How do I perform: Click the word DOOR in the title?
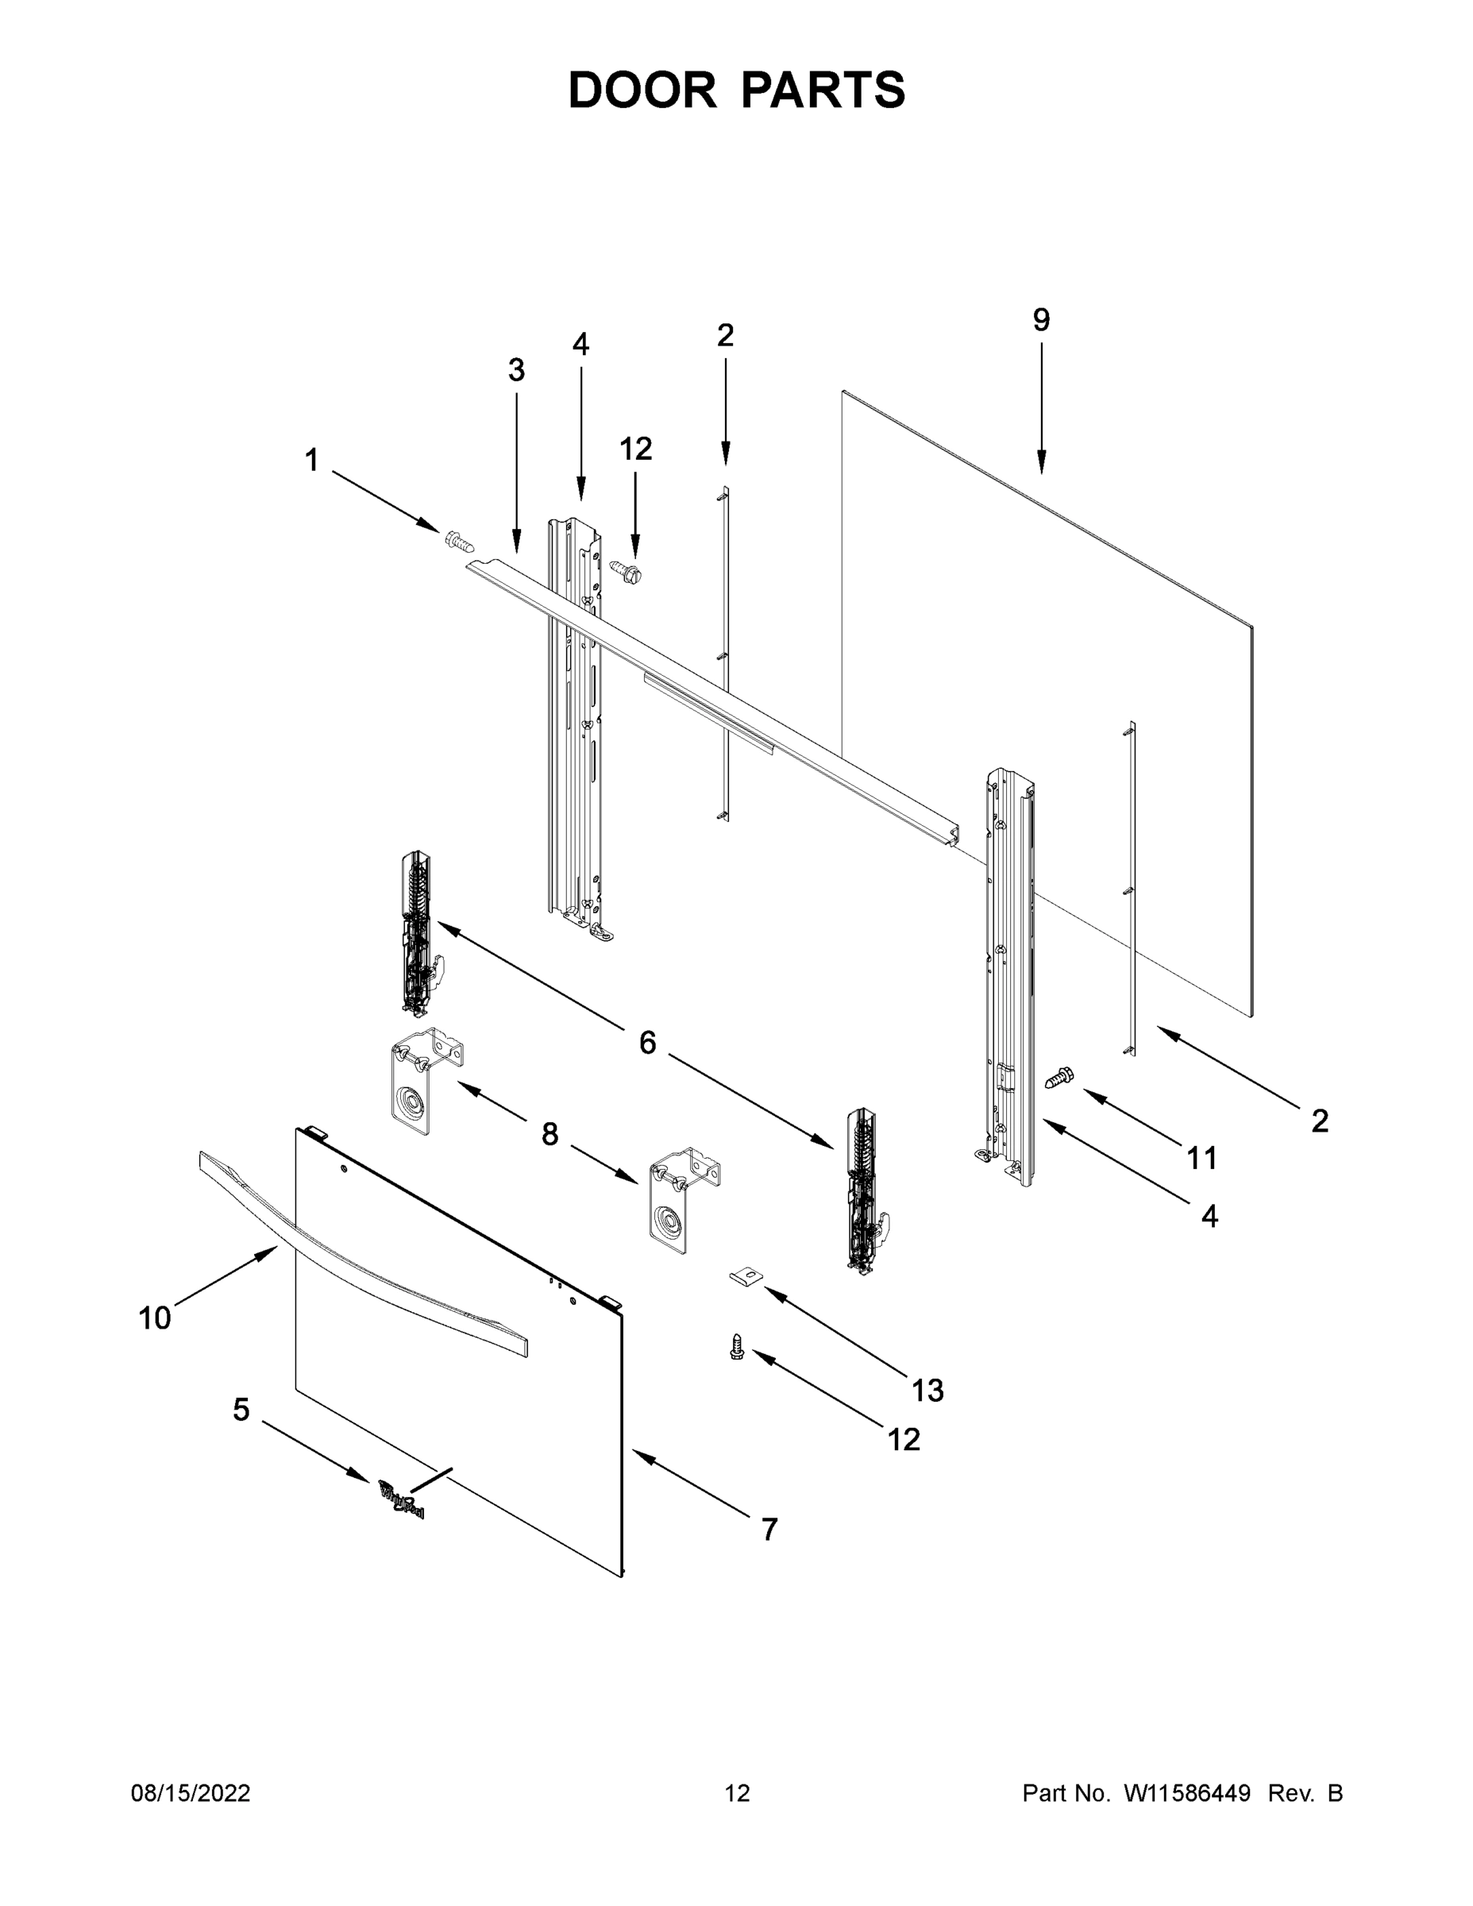coord(642,90)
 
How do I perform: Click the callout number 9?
coord(1041,321)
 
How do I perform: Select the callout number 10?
coord(155,1318)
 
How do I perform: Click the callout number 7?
coord(769,1529)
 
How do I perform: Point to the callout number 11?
coord(1201,1159)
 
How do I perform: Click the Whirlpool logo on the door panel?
coord(402,1500)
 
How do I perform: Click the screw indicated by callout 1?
coord(460,542)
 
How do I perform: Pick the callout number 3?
coord(517,371)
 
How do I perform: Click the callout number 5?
coord(241,1410)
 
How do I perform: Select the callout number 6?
coord(646,1042)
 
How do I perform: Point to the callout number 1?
coord(311,460)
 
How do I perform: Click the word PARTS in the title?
coord(824,90)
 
